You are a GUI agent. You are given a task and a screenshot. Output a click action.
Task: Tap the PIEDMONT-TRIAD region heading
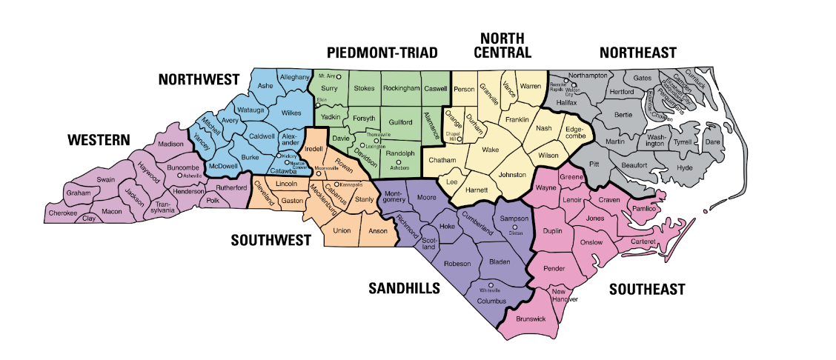(x=382, y=53)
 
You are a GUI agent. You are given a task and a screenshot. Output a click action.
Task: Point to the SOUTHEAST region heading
(x=646, y=290)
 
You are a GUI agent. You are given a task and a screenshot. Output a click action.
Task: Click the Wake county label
(x=490, y=150)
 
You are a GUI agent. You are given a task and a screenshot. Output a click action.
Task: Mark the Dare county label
(x=711, y=141)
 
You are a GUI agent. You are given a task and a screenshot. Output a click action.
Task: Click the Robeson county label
(x=457, y=264)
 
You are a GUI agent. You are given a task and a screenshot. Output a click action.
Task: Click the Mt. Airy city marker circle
(x=339, y=76)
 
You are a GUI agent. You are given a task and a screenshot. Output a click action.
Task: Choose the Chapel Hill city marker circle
(x=459, y=139)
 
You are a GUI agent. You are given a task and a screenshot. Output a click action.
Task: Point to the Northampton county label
(x=588, y=76)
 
